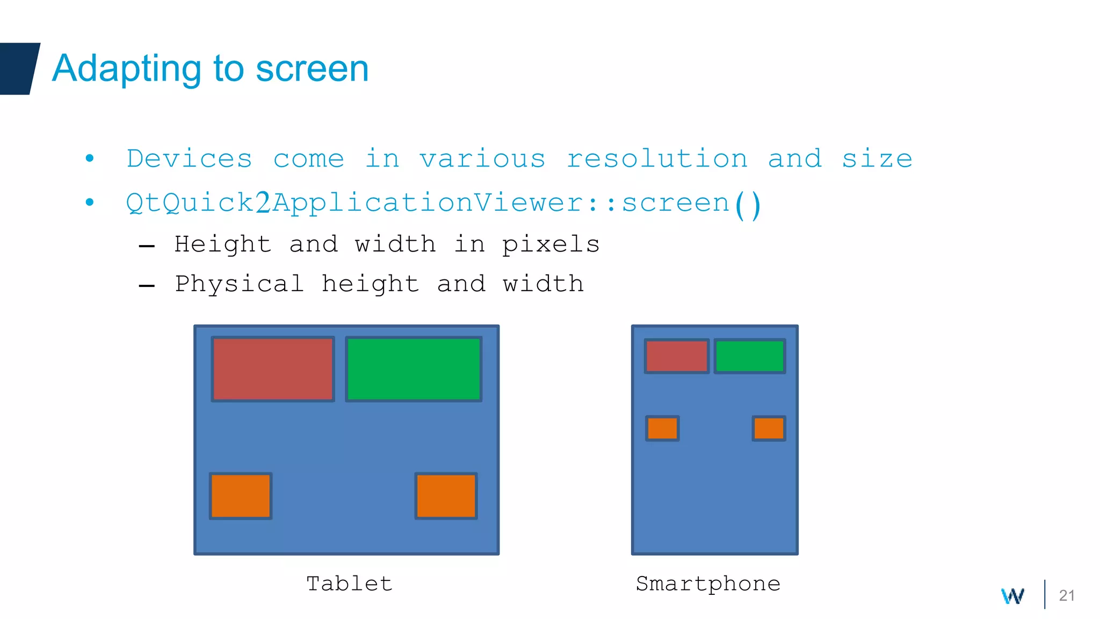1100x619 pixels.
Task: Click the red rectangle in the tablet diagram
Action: tap(273, 369)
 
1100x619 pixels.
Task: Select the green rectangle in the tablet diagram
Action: tap(414, 369)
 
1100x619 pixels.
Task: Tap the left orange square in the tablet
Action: tap(241, 496)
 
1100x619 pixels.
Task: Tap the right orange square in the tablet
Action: tap(446, 496)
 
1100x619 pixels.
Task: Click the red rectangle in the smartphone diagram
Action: tap(677, 356)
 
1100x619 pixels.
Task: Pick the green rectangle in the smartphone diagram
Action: tap(750, 356)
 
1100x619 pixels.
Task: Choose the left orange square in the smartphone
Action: tap(662, 428)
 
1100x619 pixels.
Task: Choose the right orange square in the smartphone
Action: tap(769, 428)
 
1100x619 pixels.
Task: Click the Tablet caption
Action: tap(349, 584)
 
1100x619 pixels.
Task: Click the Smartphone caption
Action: tap(708, 584)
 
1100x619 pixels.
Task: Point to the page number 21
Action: tap(1066, 595)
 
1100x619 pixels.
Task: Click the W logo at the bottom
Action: tap(1012, 596)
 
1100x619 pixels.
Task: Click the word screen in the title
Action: tap(312, 69)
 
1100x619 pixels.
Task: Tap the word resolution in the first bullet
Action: tap(657, 159)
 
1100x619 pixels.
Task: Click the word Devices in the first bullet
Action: tap(189, 159)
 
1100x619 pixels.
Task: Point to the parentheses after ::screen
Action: tap(747, 204)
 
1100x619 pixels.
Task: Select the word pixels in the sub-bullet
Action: tap(551, 245)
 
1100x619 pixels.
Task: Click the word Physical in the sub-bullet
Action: tap(240, 284)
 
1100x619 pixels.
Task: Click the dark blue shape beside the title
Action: tap(18, 69)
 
